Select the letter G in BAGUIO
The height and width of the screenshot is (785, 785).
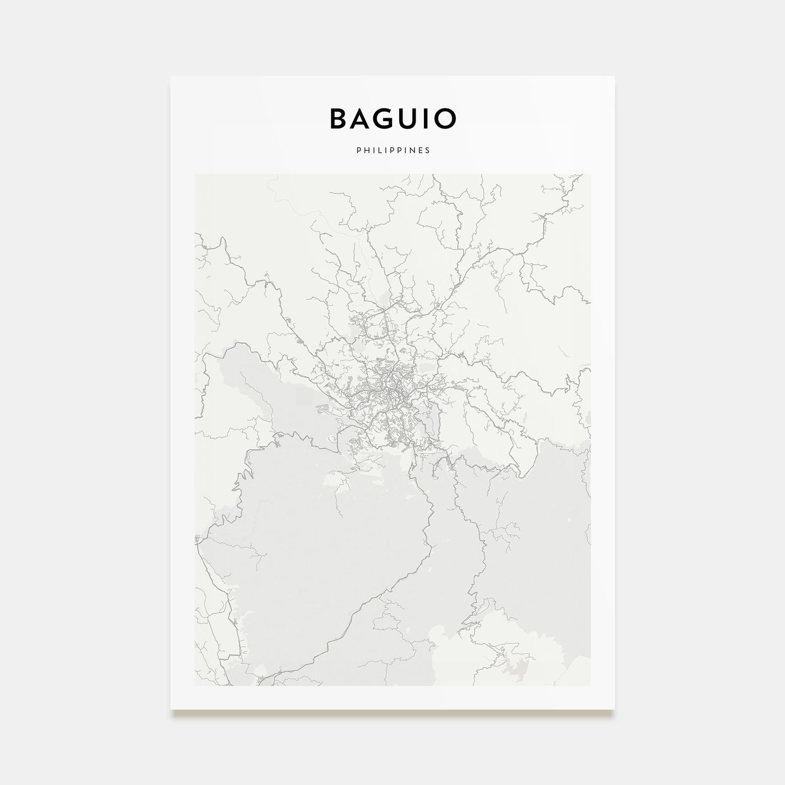(392, 119)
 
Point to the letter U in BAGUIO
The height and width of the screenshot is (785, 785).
(419, 119)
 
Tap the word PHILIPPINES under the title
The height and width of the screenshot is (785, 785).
(392, 150)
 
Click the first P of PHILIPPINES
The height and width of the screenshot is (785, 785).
(357, 150)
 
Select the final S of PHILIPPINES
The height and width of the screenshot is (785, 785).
(428, 150)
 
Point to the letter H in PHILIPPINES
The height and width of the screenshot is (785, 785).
(364, 150)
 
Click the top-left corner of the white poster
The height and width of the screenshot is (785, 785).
(171, 77)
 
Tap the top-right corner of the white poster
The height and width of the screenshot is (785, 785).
(615, 77)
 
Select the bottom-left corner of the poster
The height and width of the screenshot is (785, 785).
(171, 709)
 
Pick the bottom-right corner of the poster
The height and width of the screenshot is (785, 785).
(615, 709)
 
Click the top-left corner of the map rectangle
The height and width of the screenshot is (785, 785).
(195, 174)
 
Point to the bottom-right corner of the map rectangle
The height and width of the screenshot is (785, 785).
(590, 685)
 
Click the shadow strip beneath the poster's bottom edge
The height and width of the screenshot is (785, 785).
(392, 713)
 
